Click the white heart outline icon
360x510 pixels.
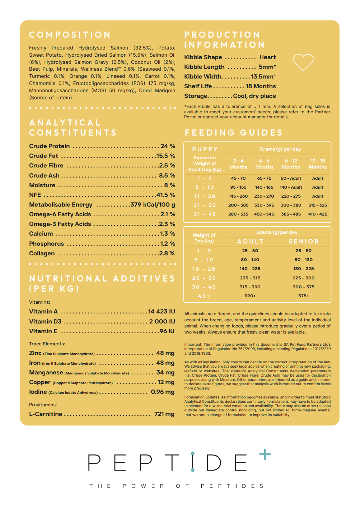(x=303, y=62)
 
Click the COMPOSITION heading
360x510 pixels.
(x=70, y=35)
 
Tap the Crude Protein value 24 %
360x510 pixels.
(x=168, y=146)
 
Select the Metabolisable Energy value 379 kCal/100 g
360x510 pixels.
(x=153, y=204)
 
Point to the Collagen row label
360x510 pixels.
(x=42, y=253)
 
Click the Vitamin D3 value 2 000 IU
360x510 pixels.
(x=162, y=321)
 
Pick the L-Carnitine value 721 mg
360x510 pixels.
(x=164, y=414)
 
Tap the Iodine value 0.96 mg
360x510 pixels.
(x=163, y=392)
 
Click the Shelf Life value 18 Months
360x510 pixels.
(x=261, y=86)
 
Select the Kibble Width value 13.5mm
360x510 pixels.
(x=263, y=76)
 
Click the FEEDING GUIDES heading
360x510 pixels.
(x=234, y=133)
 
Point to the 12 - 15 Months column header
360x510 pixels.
(x=318, y=164)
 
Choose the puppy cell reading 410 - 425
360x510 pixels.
(x=318, y=214)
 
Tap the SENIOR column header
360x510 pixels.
(x=304, y=242)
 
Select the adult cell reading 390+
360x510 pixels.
(x=250, y=296)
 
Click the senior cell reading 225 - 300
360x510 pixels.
(x=303, y=278)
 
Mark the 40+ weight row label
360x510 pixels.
(x=204, y=296)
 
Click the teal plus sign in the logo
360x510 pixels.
(x=265, y=454)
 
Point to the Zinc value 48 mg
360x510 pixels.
(x=165, y=353)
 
